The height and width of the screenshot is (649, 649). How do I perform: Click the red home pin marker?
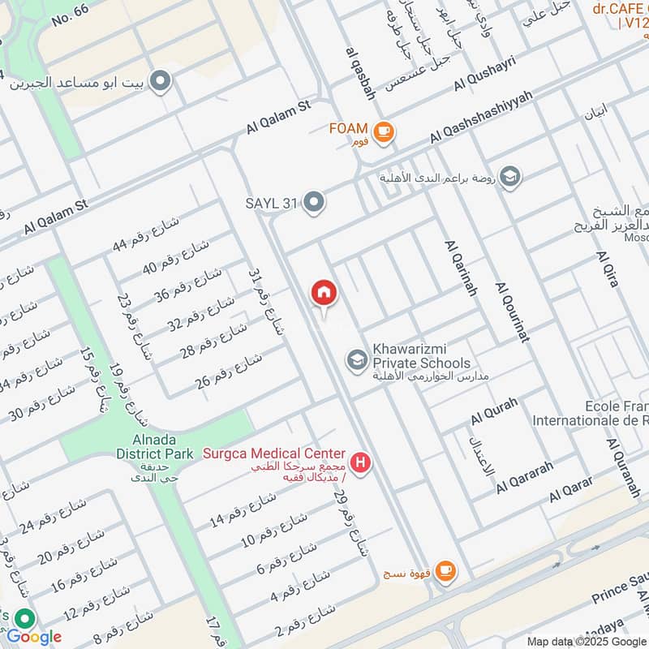point(324,293)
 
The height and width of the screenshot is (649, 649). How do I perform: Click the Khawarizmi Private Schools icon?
point(355,358)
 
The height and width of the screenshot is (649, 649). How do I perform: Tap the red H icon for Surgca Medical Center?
point(362,464)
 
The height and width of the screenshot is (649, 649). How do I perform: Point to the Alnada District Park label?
point(154,446)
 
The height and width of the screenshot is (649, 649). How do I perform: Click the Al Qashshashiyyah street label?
point(477,118)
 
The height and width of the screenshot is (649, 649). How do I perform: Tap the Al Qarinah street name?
point(459,267)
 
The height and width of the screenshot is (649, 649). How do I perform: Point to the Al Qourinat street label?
point(512,312)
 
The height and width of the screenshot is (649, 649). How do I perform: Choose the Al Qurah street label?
point(493,413)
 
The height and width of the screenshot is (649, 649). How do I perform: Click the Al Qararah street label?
point(525,477)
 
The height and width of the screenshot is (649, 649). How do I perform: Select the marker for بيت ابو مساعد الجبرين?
point(161,81)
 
